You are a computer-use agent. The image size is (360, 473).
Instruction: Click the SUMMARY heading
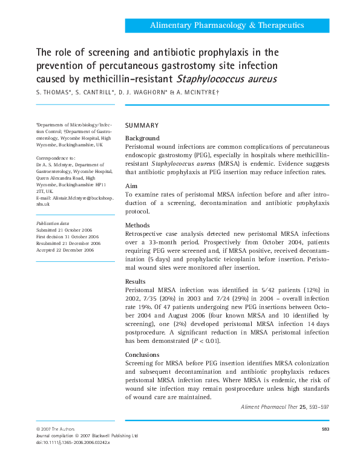point(142,125)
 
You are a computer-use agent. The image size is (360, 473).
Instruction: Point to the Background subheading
point(142,139)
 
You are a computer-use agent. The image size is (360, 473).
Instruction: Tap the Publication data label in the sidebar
point(52,223)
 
